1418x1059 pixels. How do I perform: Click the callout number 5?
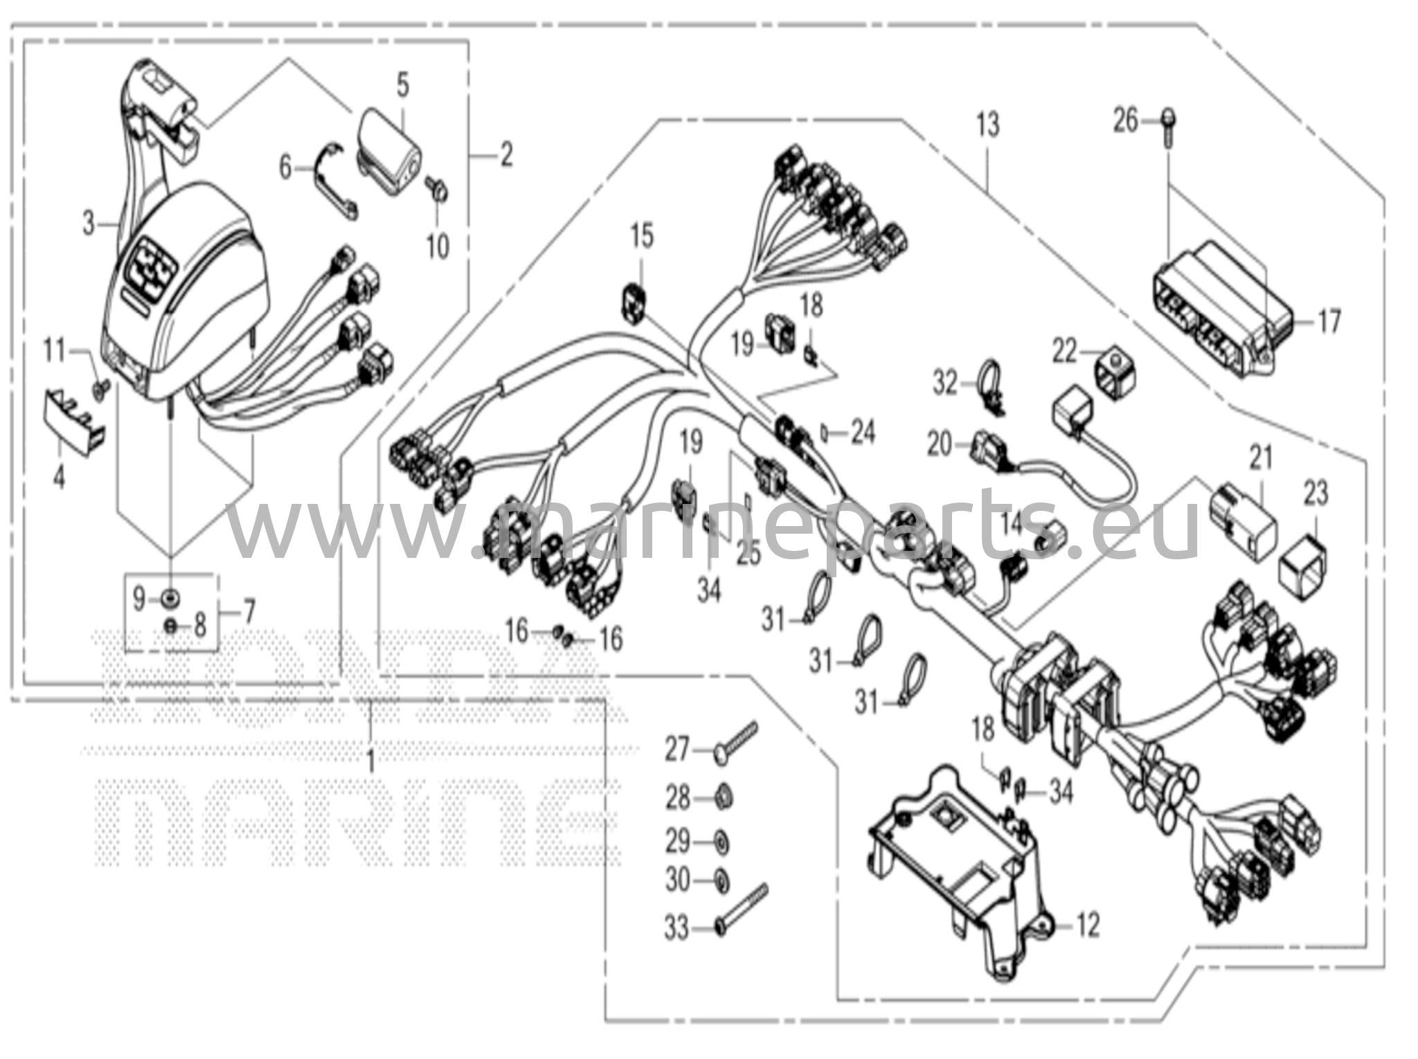click(x=402, y=86)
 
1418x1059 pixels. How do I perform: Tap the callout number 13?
click(x=988, y=125)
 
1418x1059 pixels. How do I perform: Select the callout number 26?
click(x=1125, y=122)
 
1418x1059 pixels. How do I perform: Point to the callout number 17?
click(x=1329, y=322)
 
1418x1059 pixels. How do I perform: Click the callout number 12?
click(x=1088, y=925)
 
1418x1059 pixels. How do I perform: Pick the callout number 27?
click(x=677, y=750)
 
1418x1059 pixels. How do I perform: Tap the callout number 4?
click(x=60, y=477)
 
